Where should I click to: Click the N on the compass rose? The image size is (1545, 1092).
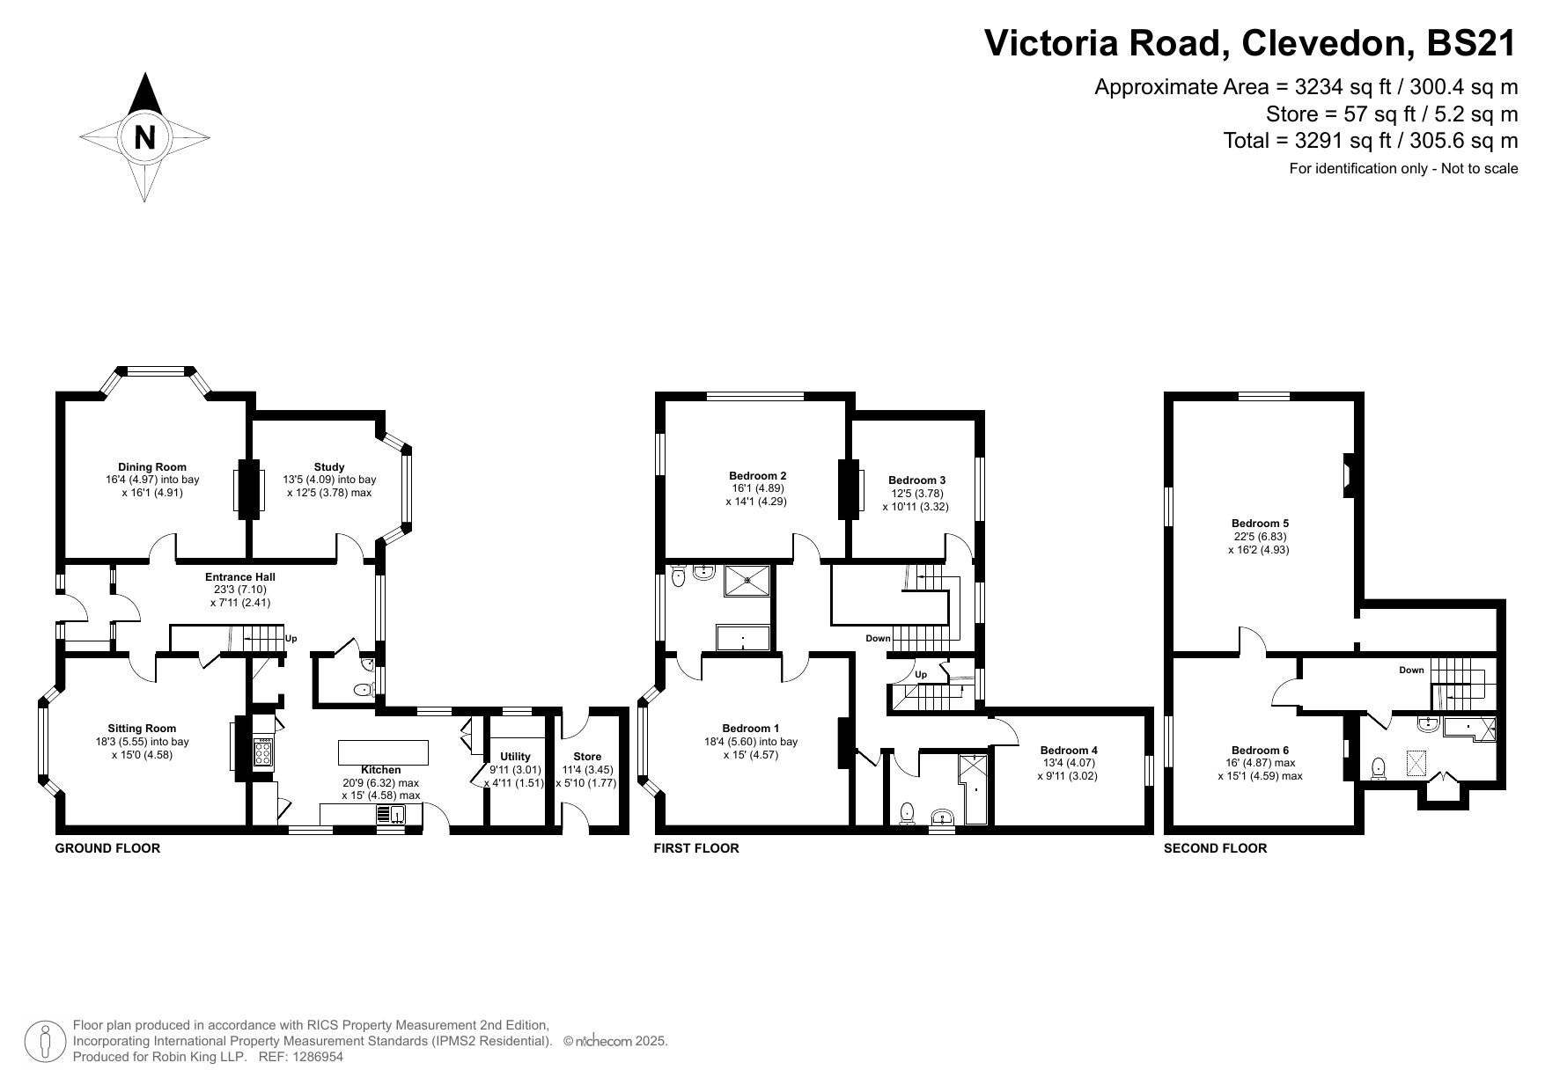pyautogui.click(x=144, y=137)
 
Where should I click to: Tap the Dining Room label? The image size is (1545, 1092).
pyautogui.click(x=152, y=467)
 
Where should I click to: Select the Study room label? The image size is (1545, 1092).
pyautogui.click(x=329, y=467)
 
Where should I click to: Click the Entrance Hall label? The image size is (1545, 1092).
pyautogui.click(x=240, y=577)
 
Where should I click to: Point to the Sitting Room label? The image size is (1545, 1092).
pyautogui.click(x=142, y=729)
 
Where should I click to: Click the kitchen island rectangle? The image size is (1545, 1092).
pyautogui.click(x=384, y=753)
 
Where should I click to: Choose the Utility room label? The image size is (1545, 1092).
pyautogui.click(x=516, y=757)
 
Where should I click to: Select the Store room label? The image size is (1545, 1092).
pyautogui.click(x=587, y=757)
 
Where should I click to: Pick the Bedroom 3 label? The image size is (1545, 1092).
pyautogui.click(x=917, y=480)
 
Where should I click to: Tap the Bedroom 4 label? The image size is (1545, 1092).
pyautogui.click(x=1069, y=751)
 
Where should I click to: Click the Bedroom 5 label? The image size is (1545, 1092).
pyautogui.click(x=1261, y=524)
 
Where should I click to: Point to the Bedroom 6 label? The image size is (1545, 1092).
pyautogui.click(x=1261, y=751)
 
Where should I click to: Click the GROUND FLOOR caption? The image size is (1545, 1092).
pyautogui.click(x=108, y=848)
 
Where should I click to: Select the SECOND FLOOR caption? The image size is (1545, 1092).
pyautogui.click(x=1216, y=848)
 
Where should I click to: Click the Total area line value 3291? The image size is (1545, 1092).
pyautogui.click(x=1318, y=141)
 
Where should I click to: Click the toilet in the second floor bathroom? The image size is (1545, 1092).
pyautogui.click(x=1379, y=769)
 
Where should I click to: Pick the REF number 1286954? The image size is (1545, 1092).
pyautogui.click(x=314, y=1057)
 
